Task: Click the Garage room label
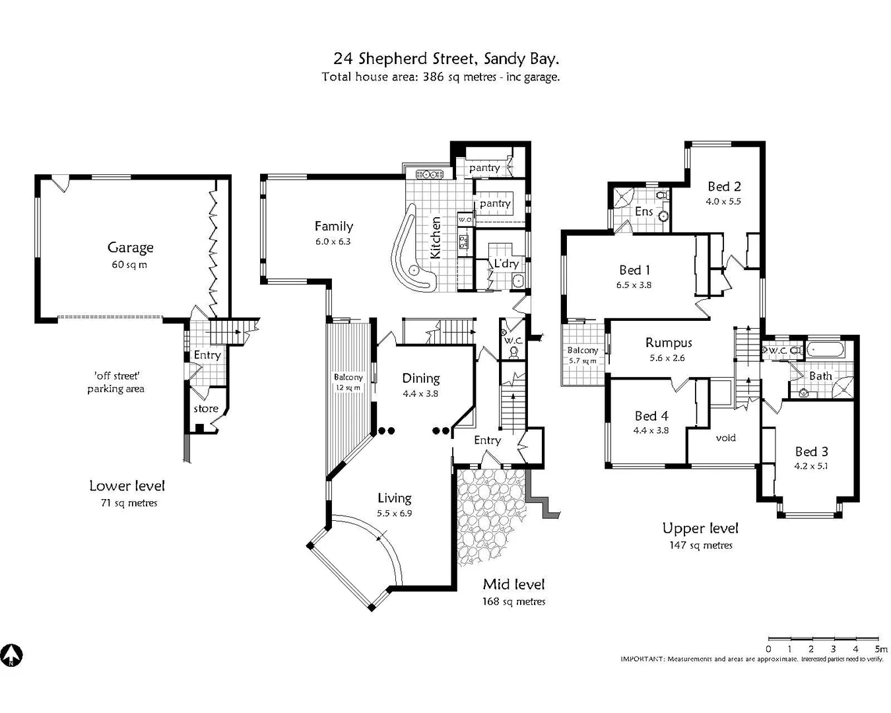(x=130, y=248)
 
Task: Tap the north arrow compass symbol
(x=11, y=656)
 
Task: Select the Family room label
(x=333, y=226)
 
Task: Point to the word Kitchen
(x=436, y=238)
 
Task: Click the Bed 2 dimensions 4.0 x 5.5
(x=723, y=201)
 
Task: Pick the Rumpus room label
(x=669, y=343)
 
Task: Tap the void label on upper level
(x=725, y=438)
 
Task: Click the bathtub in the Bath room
(x=825, y=350)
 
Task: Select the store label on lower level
(x=206, y=409)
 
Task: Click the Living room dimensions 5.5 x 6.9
(x=395, y=513)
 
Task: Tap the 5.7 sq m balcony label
(x=583, y=360)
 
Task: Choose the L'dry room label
(x=506, y=263)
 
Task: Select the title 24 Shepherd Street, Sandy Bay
(x=447, y=59)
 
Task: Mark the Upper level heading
(x=700, y=528)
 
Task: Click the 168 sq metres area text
(x=513, y=601)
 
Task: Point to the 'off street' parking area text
(x=116, y=382)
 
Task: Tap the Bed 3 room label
(x=811, y=452)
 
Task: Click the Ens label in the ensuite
(x=643, y=211)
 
